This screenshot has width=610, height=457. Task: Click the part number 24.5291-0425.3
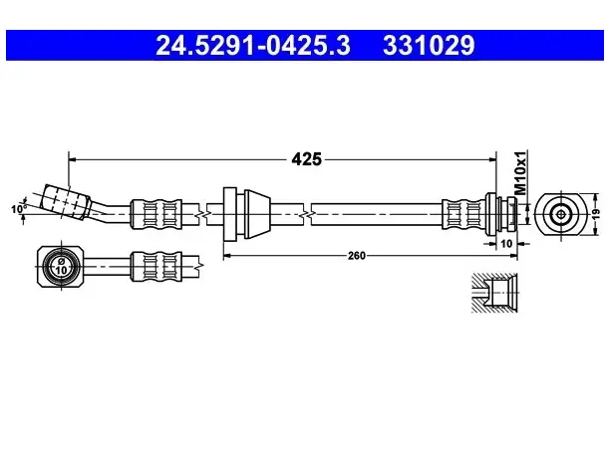(x=253, y=46)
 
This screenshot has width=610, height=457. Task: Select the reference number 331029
(x=429, y=46)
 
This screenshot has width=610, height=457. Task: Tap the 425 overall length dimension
(x=307, y=159)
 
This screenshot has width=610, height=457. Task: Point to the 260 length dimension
(x=357, y=255)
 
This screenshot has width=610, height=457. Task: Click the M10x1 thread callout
(x=520, y=172)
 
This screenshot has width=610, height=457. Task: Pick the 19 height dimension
(x=597, y=214)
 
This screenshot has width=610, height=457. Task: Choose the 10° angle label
(x=18, y=209)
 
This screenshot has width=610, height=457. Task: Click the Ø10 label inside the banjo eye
(x=62, y=266)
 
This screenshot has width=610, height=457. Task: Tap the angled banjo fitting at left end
(x=66, y=202)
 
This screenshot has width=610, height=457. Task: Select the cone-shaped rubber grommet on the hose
(x=257, y=214)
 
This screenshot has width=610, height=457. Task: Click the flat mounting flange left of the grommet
(x=230, y=214)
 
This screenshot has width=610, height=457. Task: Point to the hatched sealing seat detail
(x=494, y=293)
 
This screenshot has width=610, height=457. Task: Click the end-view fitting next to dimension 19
(x=560, y=214)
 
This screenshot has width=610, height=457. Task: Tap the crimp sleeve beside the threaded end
(x=463, y=214)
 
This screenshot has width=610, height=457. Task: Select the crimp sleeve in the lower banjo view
(x=156, y=266)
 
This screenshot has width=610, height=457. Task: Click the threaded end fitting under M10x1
(x=501, y=214)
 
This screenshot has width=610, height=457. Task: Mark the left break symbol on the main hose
(x=203, y=214)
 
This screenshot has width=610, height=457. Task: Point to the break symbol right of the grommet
(x=307, y=214)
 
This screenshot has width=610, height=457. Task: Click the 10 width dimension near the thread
(x=506, y=244)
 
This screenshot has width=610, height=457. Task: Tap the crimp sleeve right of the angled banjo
(x=156, y=214)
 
